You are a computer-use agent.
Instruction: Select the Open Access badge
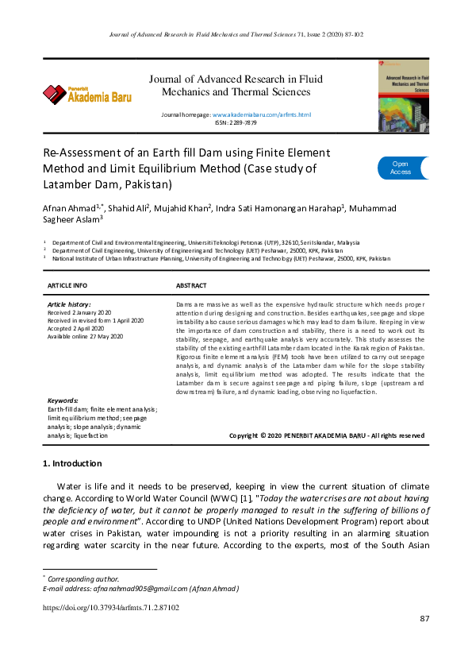[x=401, y=168]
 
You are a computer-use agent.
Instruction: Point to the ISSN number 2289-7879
[x=236, y=123]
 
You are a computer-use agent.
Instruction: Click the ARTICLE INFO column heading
[x=67, y=285]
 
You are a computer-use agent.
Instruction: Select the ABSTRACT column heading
[x=190, y=285]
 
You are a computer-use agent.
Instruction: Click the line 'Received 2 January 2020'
[x=79, y=313]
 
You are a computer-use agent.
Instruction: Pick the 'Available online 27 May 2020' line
[x=86, y=336]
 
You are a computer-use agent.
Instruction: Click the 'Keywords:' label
[x=63, y=401]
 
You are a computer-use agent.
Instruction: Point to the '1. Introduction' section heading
[x=71, y=463]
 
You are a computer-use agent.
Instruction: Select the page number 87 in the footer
[x=424, y=619]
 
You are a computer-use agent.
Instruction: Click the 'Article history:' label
[x=69, y=304]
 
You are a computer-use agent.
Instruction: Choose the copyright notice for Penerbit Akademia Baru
[x=326, y=436]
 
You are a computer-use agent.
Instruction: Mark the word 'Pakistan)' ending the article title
[x=146, y=185]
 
